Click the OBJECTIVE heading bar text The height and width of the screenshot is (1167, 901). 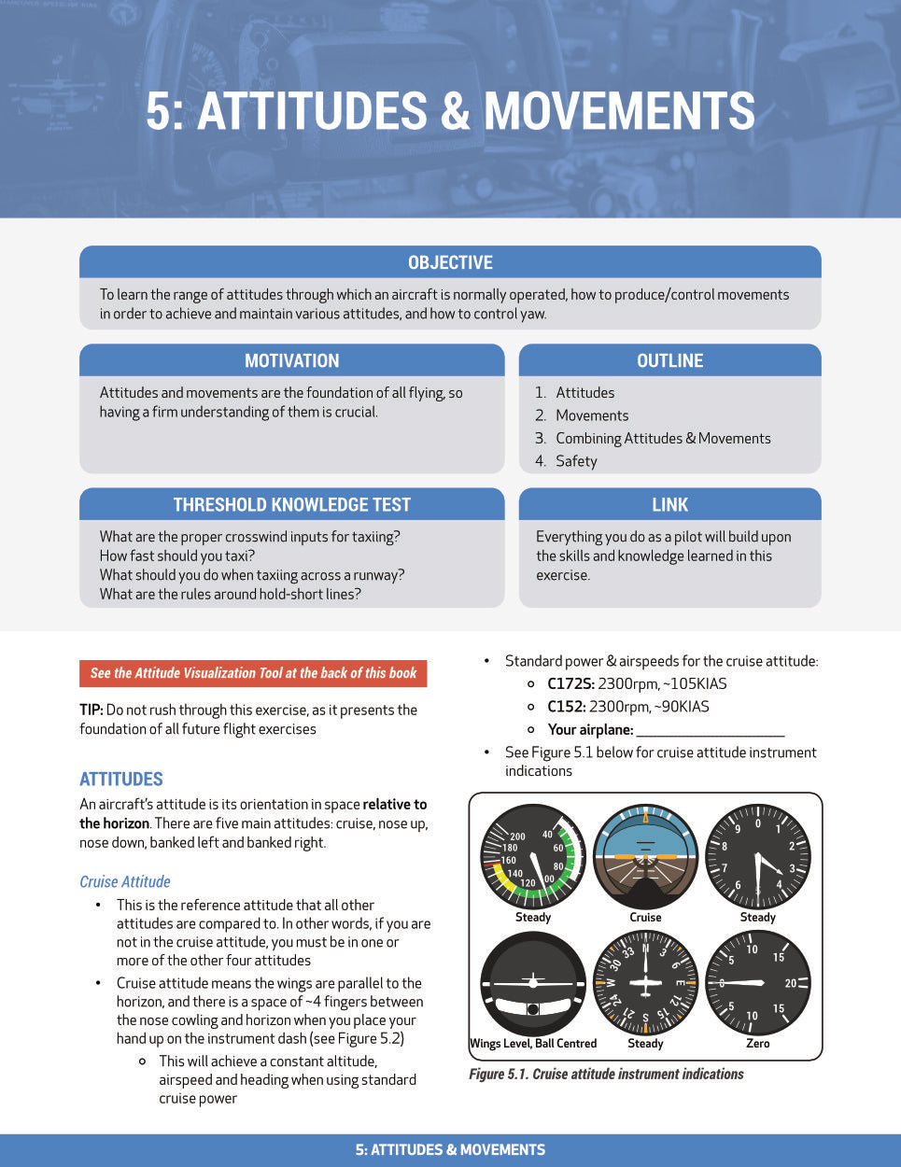(450, 262)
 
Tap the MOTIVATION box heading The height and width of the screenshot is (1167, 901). (291, 360)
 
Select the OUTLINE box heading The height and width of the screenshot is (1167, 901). (669, 360)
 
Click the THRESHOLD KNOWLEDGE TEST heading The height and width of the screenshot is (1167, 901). (291, 504)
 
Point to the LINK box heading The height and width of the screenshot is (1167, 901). (669, 504)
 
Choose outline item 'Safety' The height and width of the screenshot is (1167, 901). (576, 461)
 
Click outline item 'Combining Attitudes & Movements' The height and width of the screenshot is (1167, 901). (663, 439)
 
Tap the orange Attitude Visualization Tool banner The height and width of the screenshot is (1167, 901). (253, 673)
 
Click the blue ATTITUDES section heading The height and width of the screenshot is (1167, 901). (121, 779)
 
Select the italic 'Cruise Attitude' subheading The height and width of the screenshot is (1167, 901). (125, 881)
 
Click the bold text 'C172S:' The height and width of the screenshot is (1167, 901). (570, 683)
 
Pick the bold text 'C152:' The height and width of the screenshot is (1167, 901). (566, 707)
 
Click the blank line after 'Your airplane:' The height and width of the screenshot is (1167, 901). (710, 730)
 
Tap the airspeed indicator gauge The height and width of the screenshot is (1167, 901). (532, 857)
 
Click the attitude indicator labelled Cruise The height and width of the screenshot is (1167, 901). (645, 857)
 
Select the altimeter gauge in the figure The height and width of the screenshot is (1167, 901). (757, 857)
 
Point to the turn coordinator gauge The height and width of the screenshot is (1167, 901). (532, 983)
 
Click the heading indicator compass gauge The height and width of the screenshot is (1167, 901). (645, 983)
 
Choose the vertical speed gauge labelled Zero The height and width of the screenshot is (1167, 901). (757, 983)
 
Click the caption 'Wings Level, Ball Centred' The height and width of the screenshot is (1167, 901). (533, 1044)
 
